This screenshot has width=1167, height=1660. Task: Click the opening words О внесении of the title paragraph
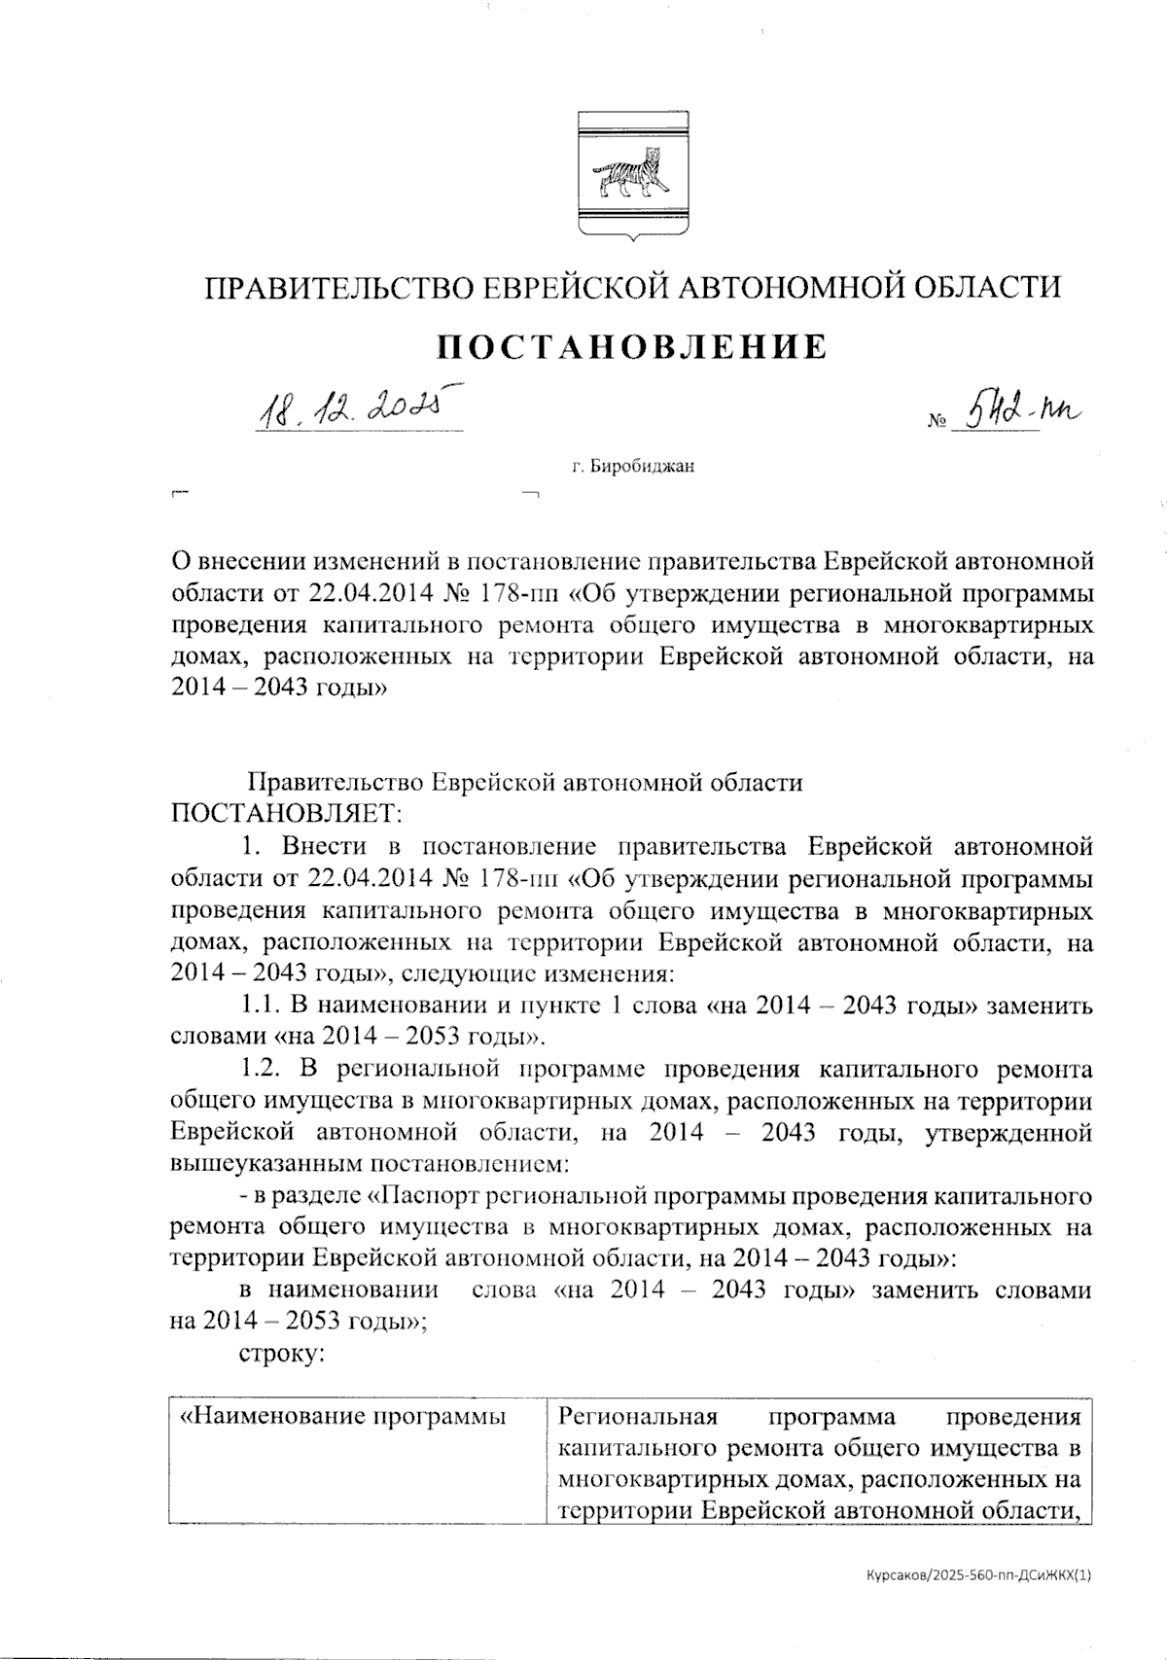231,562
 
